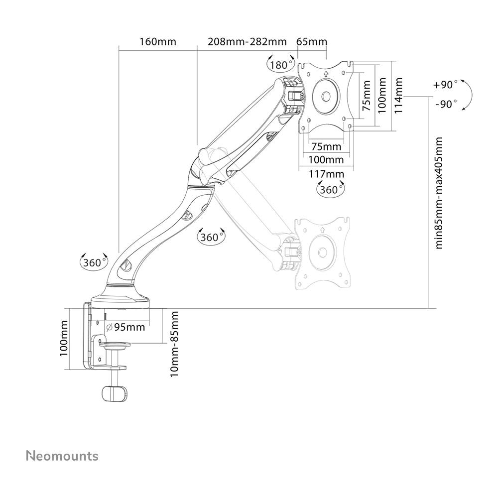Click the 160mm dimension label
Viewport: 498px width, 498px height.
(157, 41)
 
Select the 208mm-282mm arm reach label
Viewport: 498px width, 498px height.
(241, 41)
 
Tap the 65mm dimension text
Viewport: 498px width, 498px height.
(311, 41)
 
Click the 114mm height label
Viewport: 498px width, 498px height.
(399, 95)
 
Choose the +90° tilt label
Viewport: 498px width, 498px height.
(445, 85)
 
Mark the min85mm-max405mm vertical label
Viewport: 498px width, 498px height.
(439, 193)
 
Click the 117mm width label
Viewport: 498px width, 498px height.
(327, 174)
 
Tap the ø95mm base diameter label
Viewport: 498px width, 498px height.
(126, 327)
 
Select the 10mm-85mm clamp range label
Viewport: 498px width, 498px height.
(174, 344)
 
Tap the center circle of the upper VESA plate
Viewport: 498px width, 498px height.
(326, 96)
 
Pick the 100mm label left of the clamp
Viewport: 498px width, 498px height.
(64, 338)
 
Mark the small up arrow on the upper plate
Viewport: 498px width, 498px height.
(325, 74)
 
